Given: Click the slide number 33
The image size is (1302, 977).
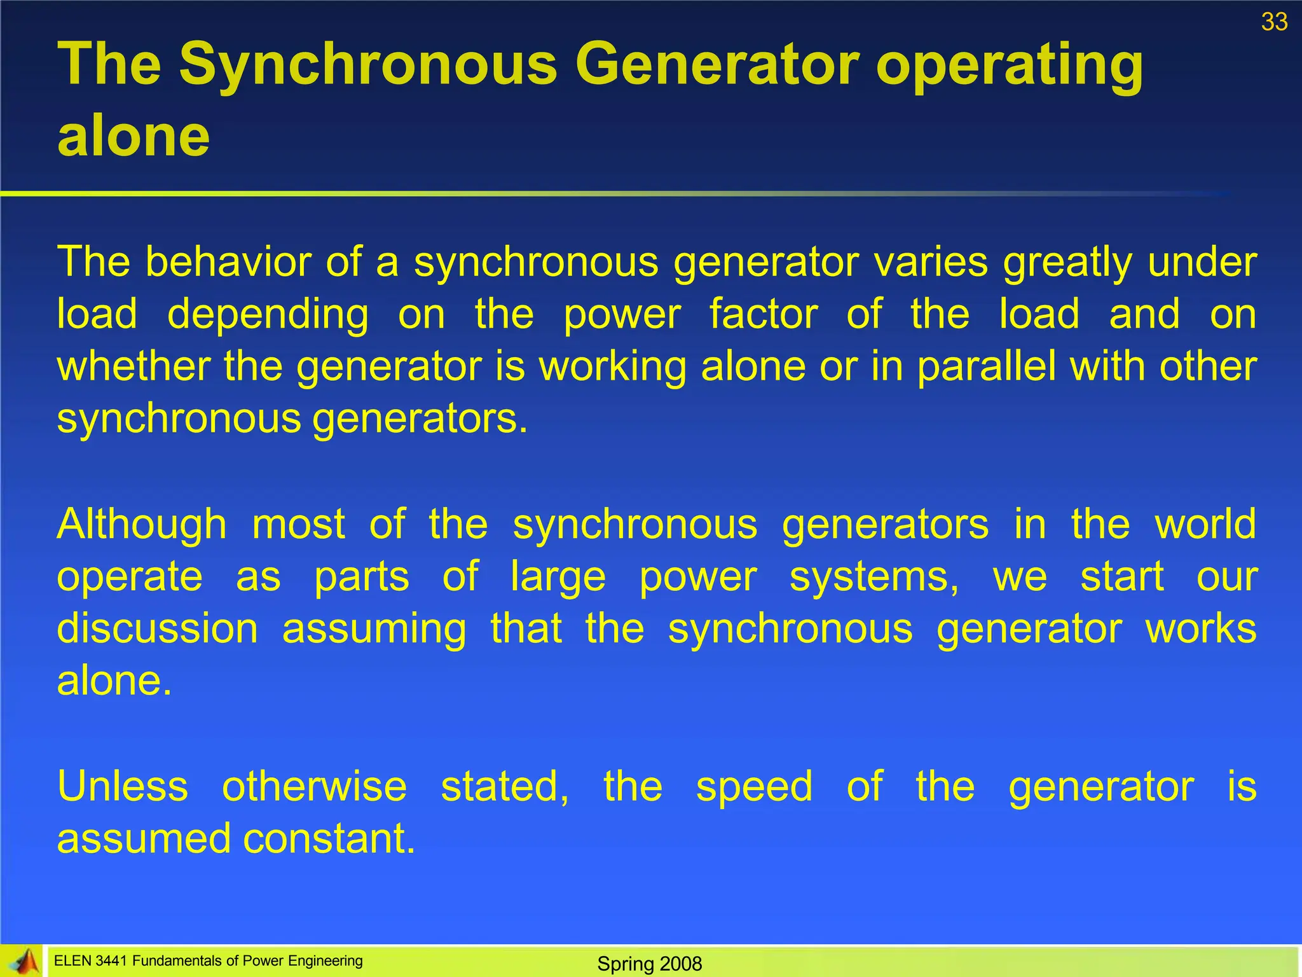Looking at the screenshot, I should pos(1274,22).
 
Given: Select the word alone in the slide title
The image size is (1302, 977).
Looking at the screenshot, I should pos(134,136).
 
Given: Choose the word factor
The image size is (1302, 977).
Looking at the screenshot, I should pos(763,314).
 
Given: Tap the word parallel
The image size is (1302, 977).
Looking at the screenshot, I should pos(986,367).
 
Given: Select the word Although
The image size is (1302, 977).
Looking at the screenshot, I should pos(141,525).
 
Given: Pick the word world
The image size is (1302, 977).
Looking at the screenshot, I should pos(1205,524).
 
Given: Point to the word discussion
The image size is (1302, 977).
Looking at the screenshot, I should pos(158,628).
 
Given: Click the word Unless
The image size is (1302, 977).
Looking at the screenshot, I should pos(123,786).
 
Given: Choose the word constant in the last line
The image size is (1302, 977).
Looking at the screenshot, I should pos(329,838).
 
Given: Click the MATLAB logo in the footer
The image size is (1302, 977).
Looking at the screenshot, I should pos(23,961).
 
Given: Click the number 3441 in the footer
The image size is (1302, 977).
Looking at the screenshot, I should pos(111,961).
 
